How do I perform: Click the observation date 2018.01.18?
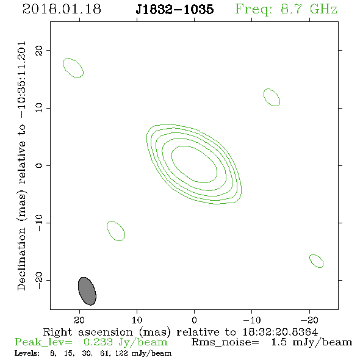[x=62, y=9]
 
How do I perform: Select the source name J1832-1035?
[x=175, y=9]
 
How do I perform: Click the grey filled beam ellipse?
[x=87, y=291]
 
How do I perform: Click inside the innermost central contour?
[x=194, y=164]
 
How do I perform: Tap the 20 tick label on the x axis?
[x=79, y=320]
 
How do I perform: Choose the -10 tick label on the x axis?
[x=252, y=320]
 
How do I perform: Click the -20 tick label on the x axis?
[x=309, y=320]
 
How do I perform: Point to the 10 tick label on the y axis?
[x=39, y=108]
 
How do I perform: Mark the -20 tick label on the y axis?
[x=39, y=280]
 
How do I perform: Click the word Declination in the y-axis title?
[x=21, y=259]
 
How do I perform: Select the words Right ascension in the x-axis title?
[x=88, y=332]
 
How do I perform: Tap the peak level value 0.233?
[x=98, y=342]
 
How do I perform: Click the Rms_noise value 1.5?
[x=279, y=342]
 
